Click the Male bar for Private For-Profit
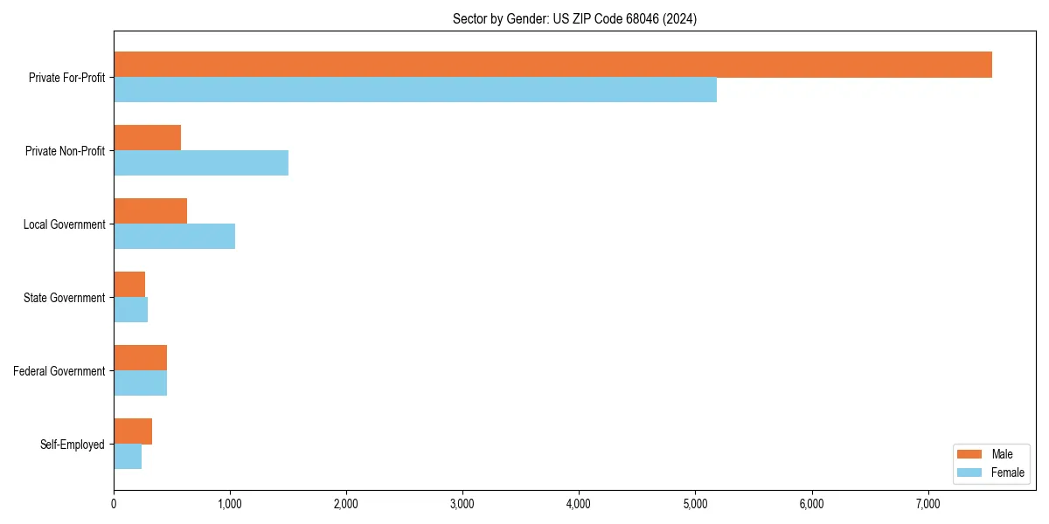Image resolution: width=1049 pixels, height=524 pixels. pyautogui.click(x=552, y=65)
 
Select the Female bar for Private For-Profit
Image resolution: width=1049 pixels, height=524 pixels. pyautogui.click(x=415, y=90)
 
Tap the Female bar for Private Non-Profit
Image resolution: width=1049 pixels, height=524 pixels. pyautogui.click(x=201, y=163)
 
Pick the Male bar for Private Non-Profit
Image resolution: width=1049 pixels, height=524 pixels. pyautogui.click(x=147, y=138)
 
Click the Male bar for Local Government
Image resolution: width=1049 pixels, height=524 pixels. pyautogui.click(x=150, y=211)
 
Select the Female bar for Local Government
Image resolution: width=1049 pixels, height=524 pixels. pyautogui.click(x=174, y=237)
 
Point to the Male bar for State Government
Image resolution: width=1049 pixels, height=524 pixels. pyautogui.click(x=129, y=285)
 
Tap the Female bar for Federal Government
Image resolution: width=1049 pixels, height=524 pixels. pyautogui.click(x=140, y=383)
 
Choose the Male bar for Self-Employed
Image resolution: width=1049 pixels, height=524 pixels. pyautogui.click(x=133, y=431)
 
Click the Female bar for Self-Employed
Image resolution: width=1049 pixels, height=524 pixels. pyautogui.click(x=128, y=457)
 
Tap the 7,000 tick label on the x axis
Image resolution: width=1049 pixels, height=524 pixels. pyautogui.click(x=927, y=504)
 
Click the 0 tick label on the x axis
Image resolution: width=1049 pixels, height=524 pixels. pyautogui.click(x=114, y=504)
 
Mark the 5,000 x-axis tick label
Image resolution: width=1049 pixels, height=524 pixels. pyautogui.click(x=695, y=504)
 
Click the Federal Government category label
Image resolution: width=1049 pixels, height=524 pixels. pyautogui.click(x=59, y=371)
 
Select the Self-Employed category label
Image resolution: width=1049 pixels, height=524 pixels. pyautogui.click(x=73, y=445)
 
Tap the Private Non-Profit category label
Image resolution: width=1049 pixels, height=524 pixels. pyautogui.click(x=65, y=151)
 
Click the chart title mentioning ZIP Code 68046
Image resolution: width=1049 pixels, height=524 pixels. pyautogui.click(x=574, y=18)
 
